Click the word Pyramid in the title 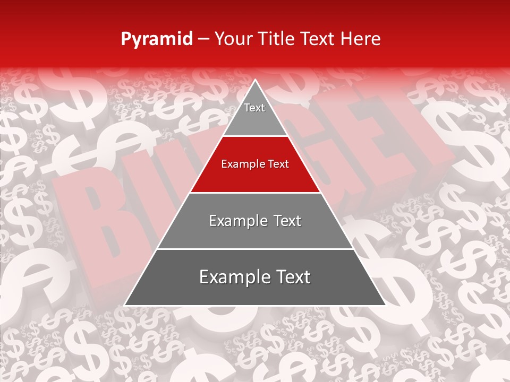point(156,39)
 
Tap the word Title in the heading point(277,39)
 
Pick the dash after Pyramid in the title point(203,39)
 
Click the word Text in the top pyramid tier point(254,108)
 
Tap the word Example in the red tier point(240,164)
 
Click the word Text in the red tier point(278,164)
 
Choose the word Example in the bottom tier point(232,277)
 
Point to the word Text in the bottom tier point(290,277)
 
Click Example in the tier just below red point(236,221)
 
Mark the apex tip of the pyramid point(255,81)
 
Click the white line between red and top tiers point(255,136)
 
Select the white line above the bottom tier point(255,249)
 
